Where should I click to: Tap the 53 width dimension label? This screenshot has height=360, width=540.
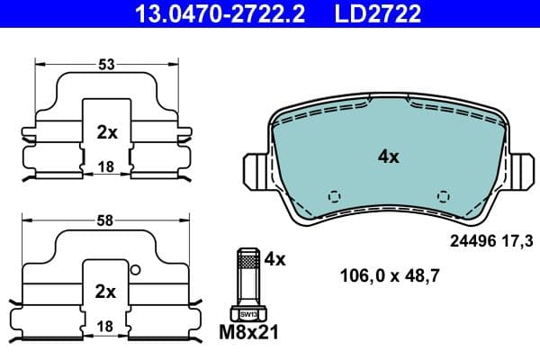(105, 64)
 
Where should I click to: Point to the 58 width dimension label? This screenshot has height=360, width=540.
(105, 220)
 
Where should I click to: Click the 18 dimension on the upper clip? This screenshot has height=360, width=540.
(105, 166)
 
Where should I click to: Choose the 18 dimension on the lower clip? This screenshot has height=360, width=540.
(105, 326)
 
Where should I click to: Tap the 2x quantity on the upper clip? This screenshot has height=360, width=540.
(107, 132)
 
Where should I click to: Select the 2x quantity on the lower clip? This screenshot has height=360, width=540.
(107, 292)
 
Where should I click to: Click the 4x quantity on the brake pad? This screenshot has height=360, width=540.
(388, 157)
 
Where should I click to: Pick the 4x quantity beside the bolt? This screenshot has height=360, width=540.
(274, 259)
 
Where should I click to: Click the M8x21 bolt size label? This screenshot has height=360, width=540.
(247, 333)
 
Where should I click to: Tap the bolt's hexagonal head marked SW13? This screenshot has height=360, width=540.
(247, 314)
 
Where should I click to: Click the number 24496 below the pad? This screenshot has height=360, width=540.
(470, 240)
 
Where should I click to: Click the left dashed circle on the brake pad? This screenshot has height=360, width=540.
(335, 195)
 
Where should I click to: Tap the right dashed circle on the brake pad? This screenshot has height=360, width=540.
(441, 195)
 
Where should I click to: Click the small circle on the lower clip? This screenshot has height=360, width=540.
(134, 268)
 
